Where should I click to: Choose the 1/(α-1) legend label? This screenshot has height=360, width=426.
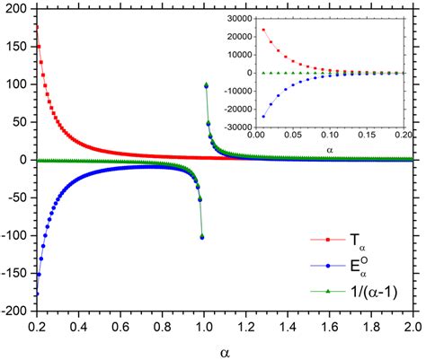click(383, 289)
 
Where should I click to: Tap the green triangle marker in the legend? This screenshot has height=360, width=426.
click(330, 289)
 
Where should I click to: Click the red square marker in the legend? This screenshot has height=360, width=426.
click(330, 240)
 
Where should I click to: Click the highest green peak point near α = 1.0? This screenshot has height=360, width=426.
click(206, 85)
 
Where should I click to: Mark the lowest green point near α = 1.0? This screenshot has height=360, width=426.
click(202, 236)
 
